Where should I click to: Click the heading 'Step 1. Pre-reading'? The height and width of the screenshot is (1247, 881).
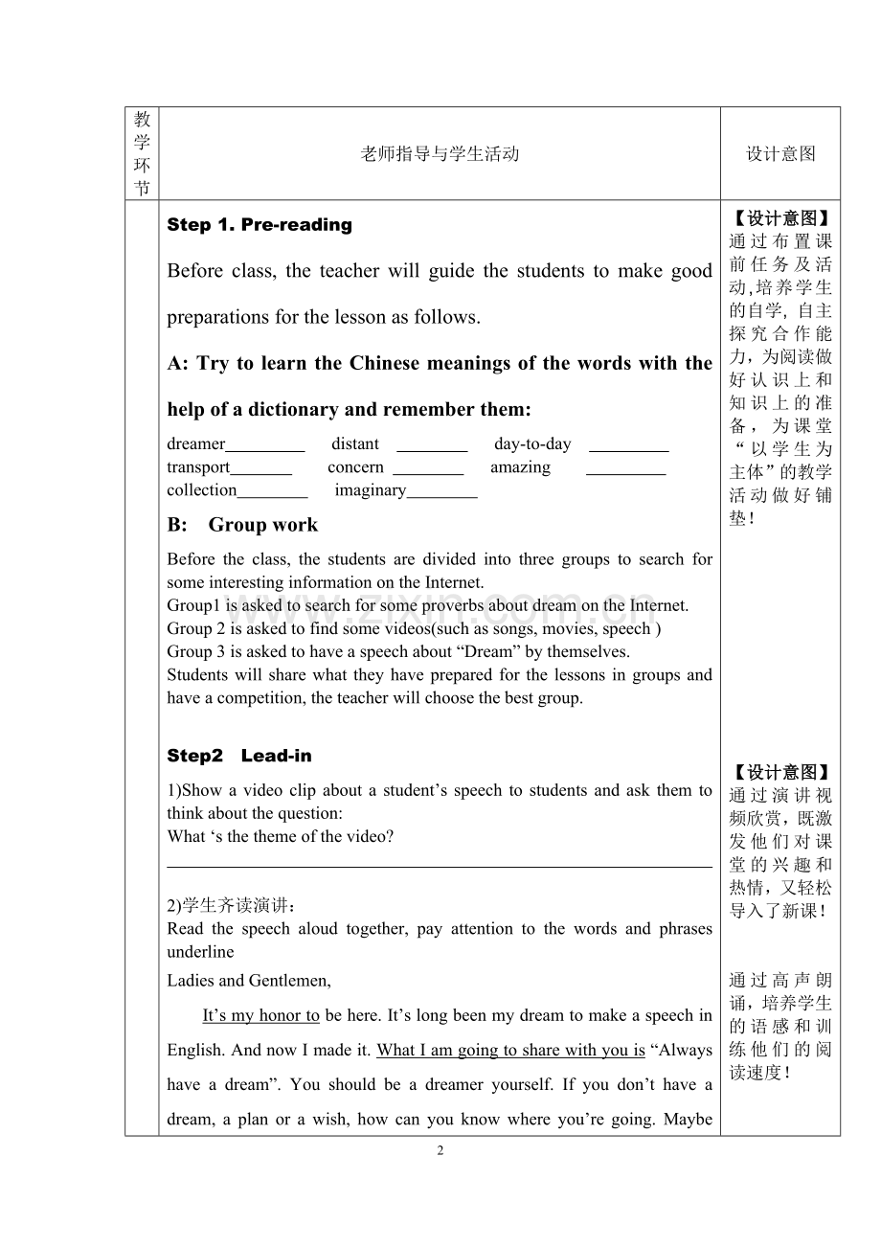(x=260, y=225)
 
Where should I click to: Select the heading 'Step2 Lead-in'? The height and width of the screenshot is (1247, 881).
(x=239, y=756)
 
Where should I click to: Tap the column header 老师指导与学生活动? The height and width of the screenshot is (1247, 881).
(x=440, y=154)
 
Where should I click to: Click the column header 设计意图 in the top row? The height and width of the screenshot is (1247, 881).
(x=780, y=154)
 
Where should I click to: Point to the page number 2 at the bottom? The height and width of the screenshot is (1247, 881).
(x=440, y=1150)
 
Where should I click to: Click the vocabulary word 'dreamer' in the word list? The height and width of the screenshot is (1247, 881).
(x=195, y=444)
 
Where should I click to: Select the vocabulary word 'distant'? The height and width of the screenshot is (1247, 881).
(x=355, y=444)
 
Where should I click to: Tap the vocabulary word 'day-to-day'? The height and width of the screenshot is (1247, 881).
(x=532, y=444)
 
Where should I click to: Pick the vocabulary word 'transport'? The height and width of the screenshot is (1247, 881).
(x=198, y=467)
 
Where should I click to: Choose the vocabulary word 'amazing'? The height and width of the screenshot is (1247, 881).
(x=520, y=467)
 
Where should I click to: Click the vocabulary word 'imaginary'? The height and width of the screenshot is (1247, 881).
(x=371, y=490)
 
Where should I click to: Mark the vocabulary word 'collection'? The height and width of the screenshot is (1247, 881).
(x=201, y=490)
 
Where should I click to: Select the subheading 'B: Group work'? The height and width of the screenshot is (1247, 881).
(x=242, y=525)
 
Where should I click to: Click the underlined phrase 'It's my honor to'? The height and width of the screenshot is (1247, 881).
(x=261, y=1015)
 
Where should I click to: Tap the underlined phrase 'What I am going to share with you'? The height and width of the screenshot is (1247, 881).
(x=510, y=1050)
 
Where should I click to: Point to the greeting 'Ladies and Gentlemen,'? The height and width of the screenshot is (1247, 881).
(x=249, y=980)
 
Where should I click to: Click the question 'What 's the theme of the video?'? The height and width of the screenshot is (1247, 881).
(x=281, y=836)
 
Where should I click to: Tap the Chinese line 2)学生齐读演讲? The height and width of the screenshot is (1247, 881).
(x=232, y=906)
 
